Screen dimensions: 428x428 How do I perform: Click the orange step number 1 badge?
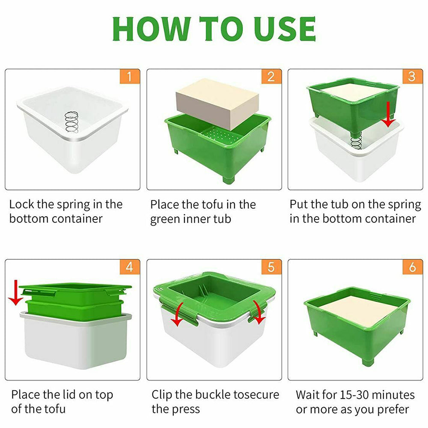coord(131,77)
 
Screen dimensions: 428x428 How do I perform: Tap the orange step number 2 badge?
coord(271,77)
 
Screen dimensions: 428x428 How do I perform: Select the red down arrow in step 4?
coord(16,293)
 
